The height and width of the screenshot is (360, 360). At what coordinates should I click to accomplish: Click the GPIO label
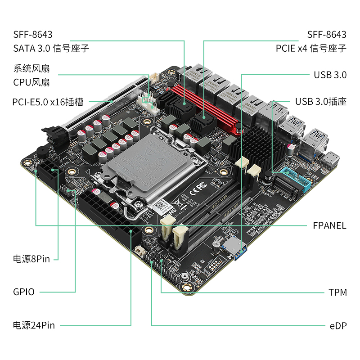click(x=24, y=292)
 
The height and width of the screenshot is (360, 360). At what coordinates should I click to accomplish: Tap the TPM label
click(x=337, y=292)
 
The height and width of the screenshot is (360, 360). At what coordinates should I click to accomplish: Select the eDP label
click(x=338, y=326)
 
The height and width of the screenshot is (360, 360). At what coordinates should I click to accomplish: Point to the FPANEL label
click(x=329, y=225)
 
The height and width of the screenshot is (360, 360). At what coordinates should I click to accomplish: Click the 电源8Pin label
click(x=31, y=259)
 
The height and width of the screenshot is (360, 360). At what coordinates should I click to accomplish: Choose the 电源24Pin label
click(x=34, y=325)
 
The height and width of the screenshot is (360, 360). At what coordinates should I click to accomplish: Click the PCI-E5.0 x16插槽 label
click(x=48, y=102)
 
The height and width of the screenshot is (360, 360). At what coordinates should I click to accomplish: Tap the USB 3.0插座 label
click(x=321, y=102)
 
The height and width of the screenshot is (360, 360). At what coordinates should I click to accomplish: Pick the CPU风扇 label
click(x=31, y=82)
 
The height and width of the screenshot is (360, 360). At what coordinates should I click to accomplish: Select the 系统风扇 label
click(x=31, y=68)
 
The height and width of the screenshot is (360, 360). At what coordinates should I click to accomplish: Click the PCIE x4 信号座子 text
click(x=311, y=49)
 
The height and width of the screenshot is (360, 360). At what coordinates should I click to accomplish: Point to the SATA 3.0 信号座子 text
click(x=51, y=49)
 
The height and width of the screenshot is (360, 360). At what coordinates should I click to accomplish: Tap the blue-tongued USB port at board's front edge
click(x=234, y=248)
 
